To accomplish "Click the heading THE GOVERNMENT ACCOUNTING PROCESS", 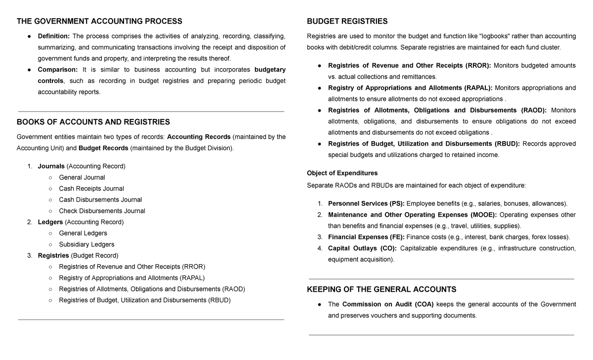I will click(x=99, y=21).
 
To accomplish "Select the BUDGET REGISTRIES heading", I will click(x=347, y=21).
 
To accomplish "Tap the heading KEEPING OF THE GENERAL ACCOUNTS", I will click(x=381, y=289).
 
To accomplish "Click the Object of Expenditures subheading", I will click(x=342, y=173).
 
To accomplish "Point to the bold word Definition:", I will click(x=54, y=36).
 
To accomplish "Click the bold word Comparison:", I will click(x=58, y=70).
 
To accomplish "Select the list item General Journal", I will click(x=82, y=177).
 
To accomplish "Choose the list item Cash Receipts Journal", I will click(x=91, y=189).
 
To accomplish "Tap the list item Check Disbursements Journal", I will click(x=102, y=211).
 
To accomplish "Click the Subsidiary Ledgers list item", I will click(x=86, y=244).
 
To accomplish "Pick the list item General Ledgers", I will click(x=83, y=233).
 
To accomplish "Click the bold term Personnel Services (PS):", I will click(x=366, y=203).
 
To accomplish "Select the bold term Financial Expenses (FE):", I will click(x=366, y=237).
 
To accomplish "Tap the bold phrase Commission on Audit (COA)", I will click(x=388, y=304).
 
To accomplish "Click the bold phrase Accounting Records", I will click(x=199, y=137).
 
